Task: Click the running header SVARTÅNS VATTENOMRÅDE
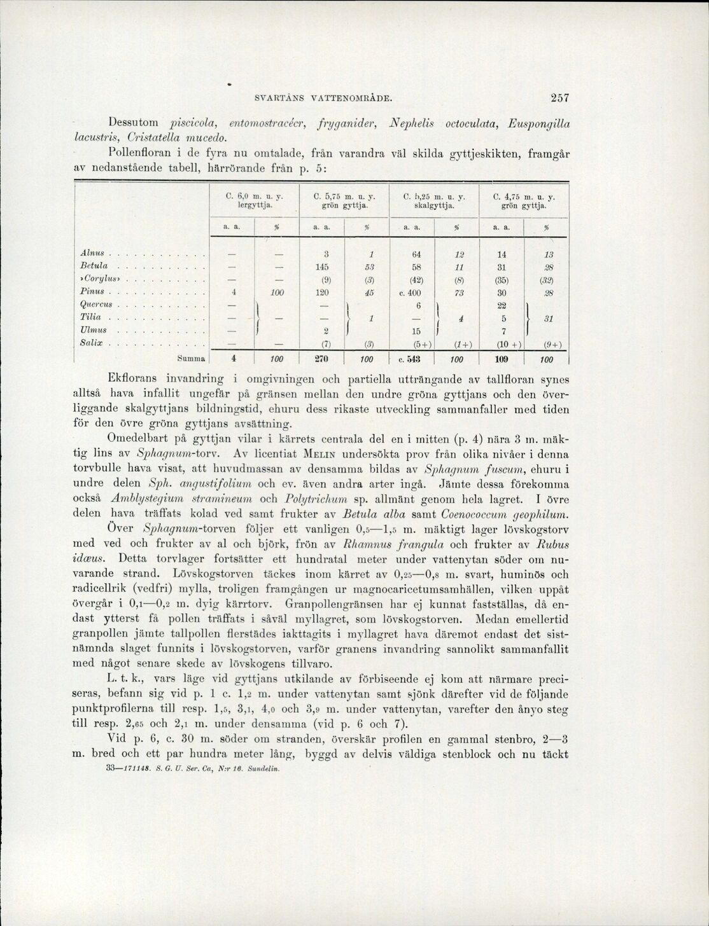coord(323,99)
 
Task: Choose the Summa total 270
coord(326,359)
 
